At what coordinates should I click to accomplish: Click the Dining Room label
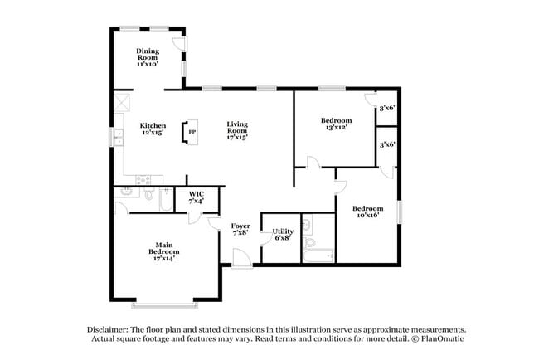(148, 56)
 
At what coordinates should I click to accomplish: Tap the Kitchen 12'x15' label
(152, 129)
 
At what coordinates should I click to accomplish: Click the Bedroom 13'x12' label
(336, 124)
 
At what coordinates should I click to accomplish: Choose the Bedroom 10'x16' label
(367, 212)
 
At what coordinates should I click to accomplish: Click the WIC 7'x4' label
(197, 197)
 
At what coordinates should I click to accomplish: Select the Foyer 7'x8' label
(240, 229)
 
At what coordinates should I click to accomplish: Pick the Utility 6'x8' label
(283, 234)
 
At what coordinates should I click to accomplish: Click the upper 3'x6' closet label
(386, 108)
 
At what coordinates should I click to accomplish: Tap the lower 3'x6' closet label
(386, 144)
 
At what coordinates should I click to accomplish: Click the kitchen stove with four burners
(143, 178)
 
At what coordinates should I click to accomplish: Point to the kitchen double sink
(119, 136)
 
